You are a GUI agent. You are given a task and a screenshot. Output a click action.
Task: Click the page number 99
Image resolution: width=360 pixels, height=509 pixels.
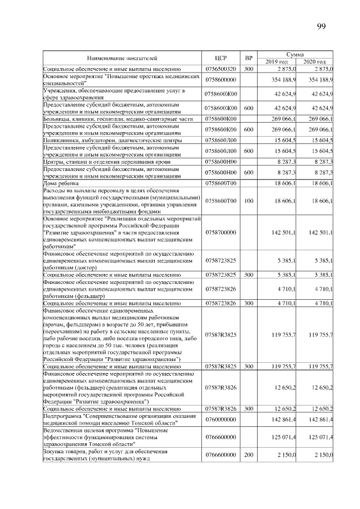pyautogui.click(x=321, y=26)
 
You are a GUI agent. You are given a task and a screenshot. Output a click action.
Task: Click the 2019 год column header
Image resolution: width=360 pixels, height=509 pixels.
pyautogui.click(x=276, y=61)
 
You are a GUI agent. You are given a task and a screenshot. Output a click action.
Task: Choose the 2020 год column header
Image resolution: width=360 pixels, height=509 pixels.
pyautogui.click(x=314, y=61)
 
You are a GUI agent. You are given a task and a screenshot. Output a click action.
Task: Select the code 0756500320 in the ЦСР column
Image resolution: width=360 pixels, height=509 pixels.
pyautogui.click(x=220, y=69)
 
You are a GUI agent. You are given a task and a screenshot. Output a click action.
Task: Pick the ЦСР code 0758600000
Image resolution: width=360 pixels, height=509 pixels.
pyautogui.click(x=220, y=80)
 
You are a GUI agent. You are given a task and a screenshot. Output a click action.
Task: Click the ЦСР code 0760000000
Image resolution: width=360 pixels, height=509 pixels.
pyautogui.click(x=220, y=420)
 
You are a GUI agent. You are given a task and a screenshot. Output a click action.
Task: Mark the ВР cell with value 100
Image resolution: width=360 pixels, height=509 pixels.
pyautogui.click(x=249, y=201)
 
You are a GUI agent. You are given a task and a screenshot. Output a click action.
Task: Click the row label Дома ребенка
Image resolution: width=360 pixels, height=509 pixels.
pyautogui.click(x=61, y=183)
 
